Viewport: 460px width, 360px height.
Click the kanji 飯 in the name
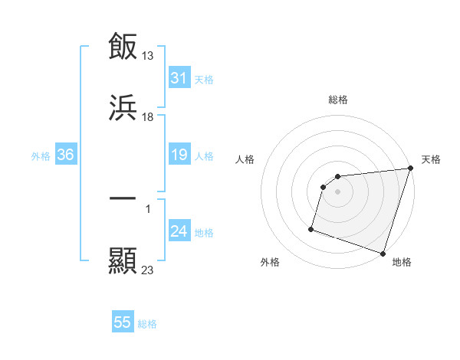[123, 47]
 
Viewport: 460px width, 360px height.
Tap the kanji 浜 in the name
[123, 109]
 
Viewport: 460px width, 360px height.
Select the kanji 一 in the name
[123, 198]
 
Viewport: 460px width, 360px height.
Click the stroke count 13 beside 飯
[149, 55]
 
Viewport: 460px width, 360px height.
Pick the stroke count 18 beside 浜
[149, 117]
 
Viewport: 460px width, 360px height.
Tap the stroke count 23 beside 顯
[149, 270]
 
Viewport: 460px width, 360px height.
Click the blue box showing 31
[179, 78]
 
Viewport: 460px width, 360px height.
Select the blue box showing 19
[179, 155]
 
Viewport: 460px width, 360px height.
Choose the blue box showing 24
[179, 232]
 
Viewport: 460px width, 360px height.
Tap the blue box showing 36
[66, 155]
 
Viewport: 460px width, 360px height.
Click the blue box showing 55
[123, 322]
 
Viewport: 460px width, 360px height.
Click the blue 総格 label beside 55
[148, 324]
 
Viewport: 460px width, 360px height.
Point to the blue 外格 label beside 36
[41, 156]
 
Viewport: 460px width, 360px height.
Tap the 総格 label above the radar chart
[338, 100]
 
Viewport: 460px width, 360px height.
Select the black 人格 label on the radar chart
[245, 159]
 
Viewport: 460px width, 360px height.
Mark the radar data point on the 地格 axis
[383, 253]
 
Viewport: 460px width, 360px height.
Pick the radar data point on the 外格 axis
[311, 228]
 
